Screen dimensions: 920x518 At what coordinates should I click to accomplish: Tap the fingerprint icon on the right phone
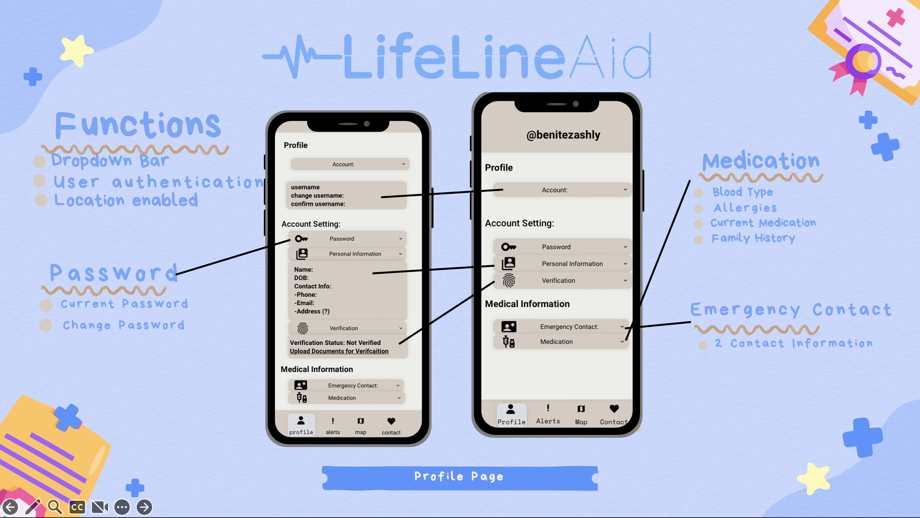pyautogui.click(x=509, y=281)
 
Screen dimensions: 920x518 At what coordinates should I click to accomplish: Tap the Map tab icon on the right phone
pyautogui.click(x=581, y=409)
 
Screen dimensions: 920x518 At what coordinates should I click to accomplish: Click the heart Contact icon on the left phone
pyautogui.click(x=391, y=421)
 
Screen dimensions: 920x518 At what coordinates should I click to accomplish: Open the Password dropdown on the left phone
pyautogui.click(x=347, y=239)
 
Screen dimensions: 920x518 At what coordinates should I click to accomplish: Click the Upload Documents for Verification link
pyautogui.click(x=339, y=351)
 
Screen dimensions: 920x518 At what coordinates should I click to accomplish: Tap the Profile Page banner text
pyautogui.click(x=459, y=476)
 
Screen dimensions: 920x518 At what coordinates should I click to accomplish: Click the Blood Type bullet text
pyautogui.click(x=742, y=192)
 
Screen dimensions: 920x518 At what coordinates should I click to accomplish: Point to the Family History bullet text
pyautogui.click(x=753, y=238)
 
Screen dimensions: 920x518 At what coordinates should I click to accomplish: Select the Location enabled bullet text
pyautogui.click(x=126, y=200)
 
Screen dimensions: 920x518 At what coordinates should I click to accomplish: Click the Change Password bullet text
pyautogui.click(x=124, y=325)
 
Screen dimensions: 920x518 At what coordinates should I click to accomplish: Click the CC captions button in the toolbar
pyautogui.click(x=77, y=507)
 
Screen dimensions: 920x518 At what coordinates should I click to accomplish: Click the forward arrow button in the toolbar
pyautogui.click(x=144, y=507)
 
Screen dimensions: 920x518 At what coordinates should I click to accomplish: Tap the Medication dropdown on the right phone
pyautogui.click(x=561, y=342)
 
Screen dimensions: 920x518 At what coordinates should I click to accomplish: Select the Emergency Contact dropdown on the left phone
pyautogui.click(x=346, y=385)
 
